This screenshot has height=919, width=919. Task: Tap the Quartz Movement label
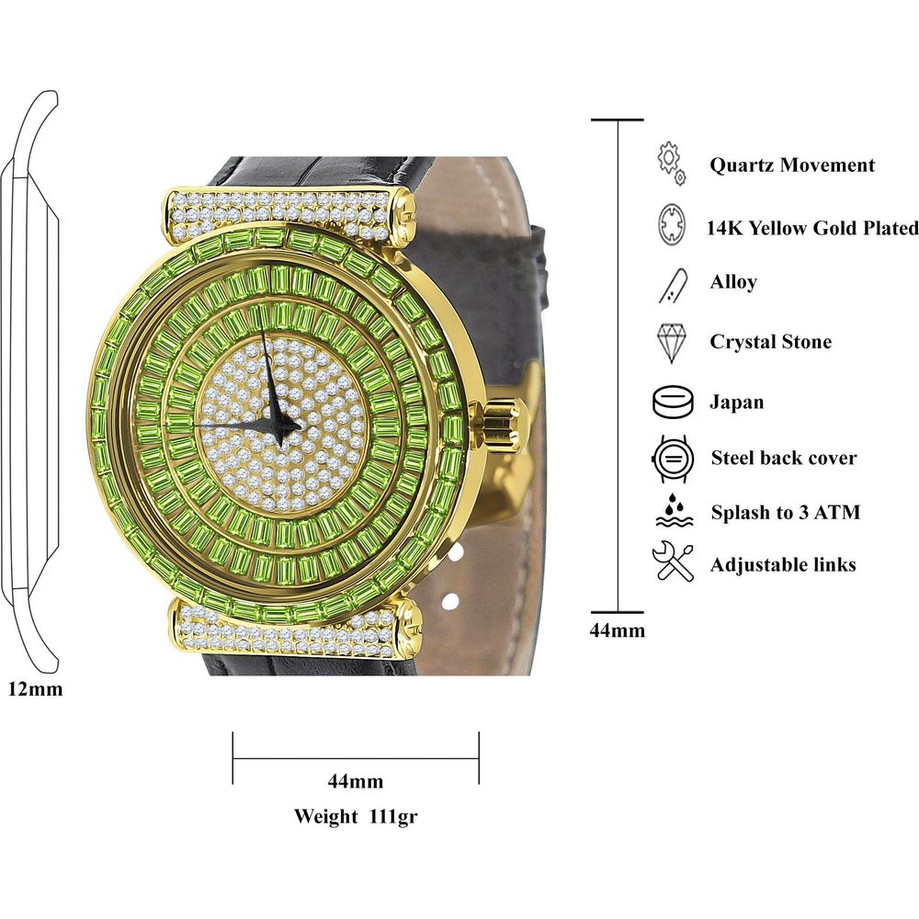click(x=792, y=165)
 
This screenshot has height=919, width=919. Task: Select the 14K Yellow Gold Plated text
click(x=812, y=228)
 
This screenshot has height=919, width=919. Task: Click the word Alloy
click(x=733, y=281)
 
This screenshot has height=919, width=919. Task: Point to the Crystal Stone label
click(x=770, y=342)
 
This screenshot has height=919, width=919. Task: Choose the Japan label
click(x=736, y=403)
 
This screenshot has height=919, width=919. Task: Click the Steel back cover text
click(x=784, y=458)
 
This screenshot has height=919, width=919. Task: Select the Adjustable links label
click(x=783, y=564)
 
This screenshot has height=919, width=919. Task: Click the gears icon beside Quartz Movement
click(x=672, y=163)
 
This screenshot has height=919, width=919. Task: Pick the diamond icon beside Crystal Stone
click(x=672, y=342)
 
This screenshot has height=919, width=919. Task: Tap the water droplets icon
click(x=672, y=510)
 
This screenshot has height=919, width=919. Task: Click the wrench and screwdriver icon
click(x=672, y=562)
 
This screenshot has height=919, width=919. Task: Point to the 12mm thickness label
click(x=35, y=688)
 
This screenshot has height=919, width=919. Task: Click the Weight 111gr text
click(x=357, y=816)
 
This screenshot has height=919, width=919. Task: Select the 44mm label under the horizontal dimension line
click(x=356, y=782)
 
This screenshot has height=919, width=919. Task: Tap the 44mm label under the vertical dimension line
click(x=618, y=630)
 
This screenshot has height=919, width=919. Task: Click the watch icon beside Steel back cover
click(x=672, y=458)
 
